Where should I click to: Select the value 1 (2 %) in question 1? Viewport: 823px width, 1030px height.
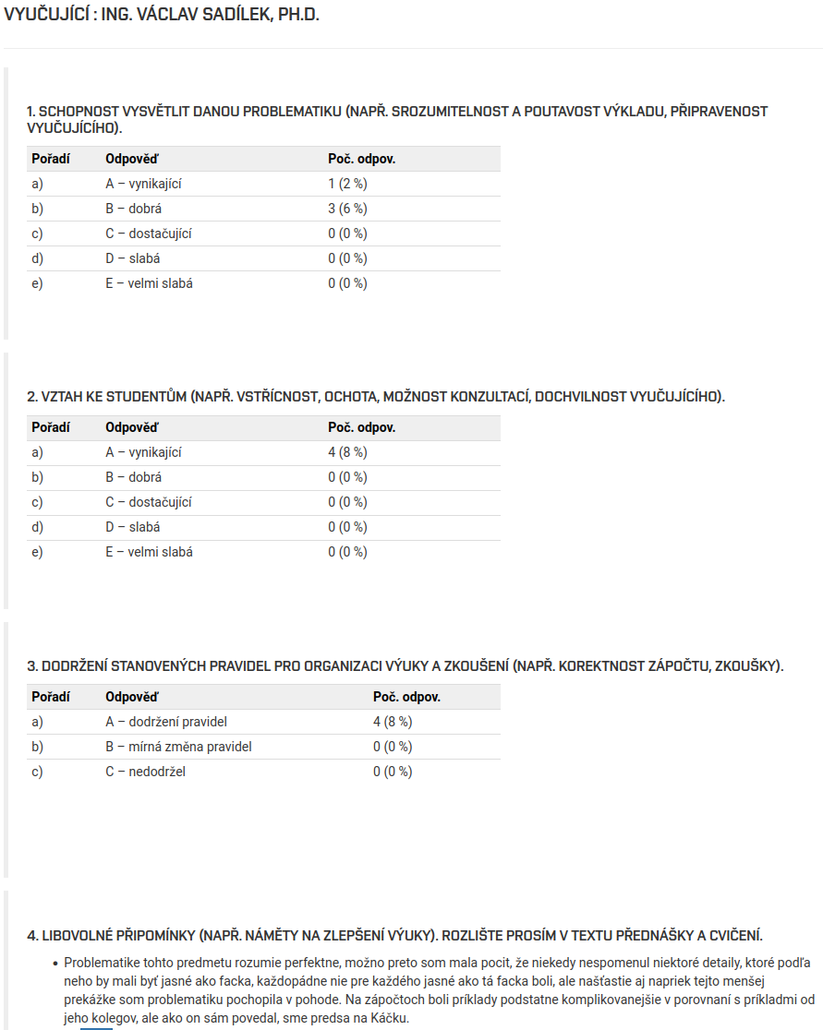(x=347, y=184)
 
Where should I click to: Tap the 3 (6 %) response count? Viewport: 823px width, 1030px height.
(x=347, y=209)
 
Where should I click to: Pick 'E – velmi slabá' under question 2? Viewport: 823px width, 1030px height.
(x=149, y=552)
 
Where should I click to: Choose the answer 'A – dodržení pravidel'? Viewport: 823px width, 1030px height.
(x=166, y=722)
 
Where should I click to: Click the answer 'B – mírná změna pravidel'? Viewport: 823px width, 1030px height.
(x=178, y=747)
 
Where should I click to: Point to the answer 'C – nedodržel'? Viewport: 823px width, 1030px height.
(x=145, y=772)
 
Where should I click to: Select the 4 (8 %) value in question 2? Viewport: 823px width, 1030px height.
(x=347, y=452)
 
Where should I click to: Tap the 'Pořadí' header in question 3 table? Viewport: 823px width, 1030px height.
(x=51, y=697)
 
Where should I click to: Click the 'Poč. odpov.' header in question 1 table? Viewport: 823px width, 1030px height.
(x=361, y=159)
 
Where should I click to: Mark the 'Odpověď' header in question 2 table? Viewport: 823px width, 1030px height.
(x=131, y=427)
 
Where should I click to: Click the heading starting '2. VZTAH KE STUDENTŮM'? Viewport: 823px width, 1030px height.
(x=376, y=397)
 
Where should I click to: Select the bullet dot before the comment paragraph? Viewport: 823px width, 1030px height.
(x=55, y=963)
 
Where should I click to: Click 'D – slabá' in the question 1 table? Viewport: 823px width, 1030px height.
(x=132, y=258)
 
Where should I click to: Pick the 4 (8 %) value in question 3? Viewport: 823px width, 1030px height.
(x=393, y=722)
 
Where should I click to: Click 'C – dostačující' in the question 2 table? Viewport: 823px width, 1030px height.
(x=148, y=502)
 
